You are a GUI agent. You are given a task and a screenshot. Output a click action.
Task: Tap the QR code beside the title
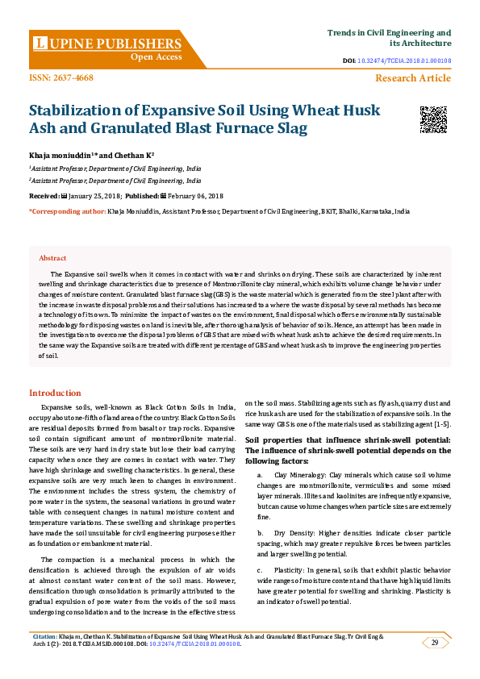click(x=433, y=119)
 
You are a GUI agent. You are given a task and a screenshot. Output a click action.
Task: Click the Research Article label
click(x=413, y=78)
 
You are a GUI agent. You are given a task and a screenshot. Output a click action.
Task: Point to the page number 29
click(x=435, y=642)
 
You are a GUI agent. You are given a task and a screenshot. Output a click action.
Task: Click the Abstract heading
click(x=52, y=258)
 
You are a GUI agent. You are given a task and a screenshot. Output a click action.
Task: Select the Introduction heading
click(x=55, y=393)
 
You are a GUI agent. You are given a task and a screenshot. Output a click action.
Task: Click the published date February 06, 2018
click(x=195, y=196)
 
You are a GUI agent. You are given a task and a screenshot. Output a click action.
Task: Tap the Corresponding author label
click(x=67, y=210)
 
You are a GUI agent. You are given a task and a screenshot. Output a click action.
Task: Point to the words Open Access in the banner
click(x=157, y=57)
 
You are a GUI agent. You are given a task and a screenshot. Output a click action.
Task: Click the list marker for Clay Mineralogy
click(x=260, y=476)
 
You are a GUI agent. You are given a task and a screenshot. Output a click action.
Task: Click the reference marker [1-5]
click(x=440, y=424)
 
